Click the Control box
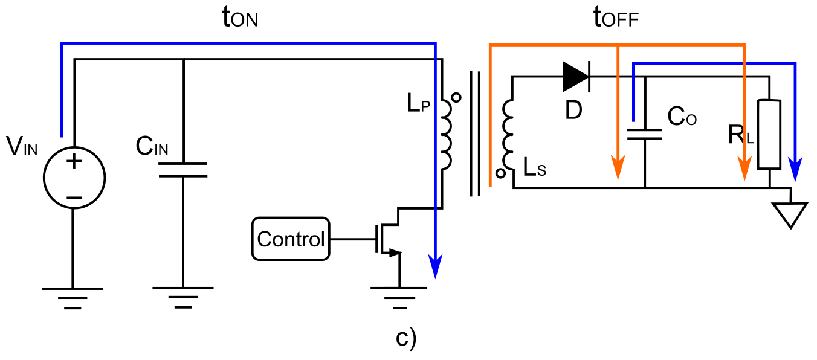tap(291, 239)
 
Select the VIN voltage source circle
tap(74, 179)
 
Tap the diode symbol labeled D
tap(576, 77)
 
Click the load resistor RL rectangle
tap(769, 134)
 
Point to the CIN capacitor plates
tap(183, 170)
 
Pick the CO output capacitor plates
tap(645, 133)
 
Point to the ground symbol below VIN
tap(73, 297)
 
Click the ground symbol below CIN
tap(182, 297)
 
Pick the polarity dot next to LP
tap(457, 97)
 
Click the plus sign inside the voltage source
tap(74, 161)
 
